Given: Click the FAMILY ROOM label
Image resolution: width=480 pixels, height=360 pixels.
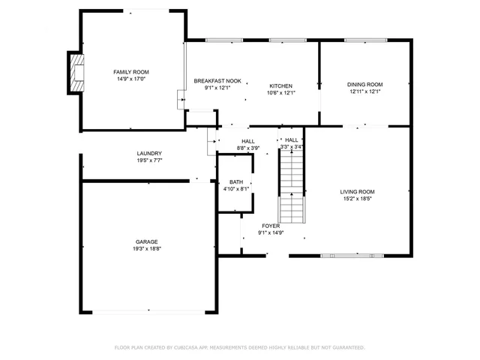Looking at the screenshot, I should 131,71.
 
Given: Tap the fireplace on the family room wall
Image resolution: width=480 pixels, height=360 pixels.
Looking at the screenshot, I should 76,73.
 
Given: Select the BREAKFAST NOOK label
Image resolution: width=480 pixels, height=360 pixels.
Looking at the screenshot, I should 217,80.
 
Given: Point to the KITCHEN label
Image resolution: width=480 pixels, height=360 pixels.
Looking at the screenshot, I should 281,86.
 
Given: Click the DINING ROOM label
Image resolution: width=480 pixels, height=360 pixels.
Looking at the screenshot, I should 364,85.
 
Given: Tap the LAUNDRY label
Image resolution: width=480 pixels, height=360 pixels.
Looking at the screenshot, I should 149,154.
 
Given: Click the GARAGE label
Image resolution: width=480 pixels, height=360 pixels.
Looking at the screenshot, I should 146,241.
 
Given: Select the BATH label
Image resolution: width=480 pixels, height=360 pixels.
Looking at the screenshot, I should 236,182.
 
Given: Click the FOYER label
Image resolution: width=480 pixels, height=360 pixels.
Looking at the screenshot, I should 271,226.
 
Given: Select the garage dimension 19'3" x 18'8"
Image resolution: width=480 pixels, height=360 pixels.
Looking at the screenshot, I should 146,248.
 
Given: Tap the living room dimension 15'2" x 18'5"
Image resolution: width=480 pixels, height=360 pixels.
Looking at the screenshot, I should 357,199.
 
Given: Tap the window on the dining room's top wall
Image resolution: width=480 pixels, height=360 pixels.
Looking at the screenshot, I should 364,40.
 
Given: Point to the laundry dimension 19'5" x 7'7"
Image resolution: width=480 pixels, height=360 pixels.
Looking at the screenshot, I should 149,160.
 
